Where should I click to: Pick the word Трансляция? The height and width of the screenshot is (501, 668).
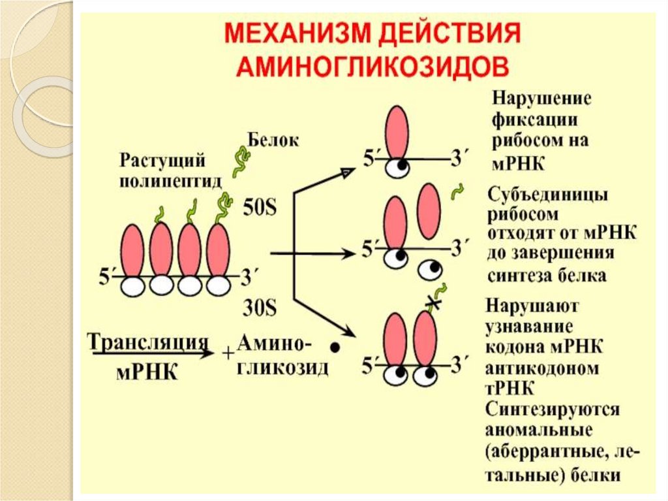[x=147, y=342]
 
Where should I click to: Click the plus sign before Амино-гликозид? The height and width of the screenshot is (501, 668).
[x=228, y=353]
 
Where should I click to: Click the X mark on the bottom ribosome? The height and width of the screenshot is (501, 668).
[x=431, y=301]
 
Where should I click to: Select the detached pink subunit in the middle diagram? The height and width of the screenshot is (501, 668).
[x=427, y=210]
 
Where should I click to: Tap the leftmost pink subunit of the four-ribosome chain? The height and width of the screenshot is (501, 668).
[x=133, y=250]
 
